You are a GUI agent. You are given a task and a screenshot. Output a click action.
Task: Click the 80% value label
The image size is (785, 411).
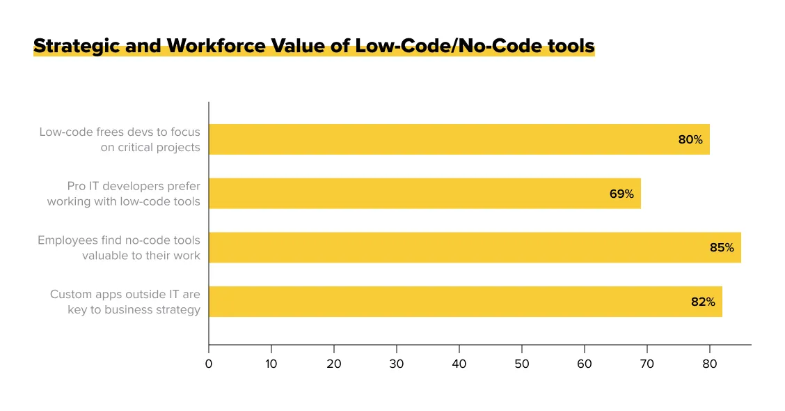690,139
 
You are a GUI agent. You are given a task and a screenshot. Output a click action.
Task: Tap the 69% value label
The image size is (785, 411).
621,194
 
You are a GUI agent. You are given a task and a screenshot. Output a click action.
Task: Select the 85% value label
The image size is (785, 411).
722,247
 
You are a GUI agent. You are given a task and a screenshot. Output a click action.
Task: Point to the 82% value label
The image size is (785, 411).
703,302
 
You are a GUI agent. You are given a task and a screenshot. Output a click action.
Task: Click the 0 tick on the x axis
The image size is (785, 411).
209,363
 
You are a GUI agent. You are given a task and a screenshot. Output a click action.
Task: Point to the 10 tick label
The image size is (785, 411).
271,363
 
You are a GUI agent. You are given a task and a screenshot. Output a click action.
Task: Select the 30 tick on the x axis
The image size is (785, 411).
397,363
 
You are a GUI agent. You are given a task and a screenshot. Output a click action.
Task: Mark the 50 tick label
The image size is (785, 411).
522,363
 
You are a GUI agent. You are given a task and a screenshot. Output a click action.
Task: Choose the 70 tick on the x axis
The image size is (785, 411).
647,363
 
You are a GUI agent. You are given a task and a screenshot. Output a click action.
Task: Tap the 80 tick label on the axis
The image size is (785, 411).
710,363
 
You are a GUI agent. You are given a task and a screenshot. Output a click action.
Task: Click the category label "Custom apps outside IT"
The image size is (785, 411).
125,295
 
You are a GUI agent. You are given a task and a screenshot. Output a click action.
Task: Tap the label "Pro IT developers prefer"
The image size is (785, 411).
133,187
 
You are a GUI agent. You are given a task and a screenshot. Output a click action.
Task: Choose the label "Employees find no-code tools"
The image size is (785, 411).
118,240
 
